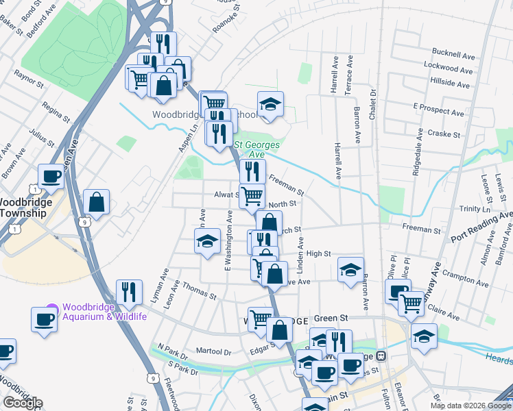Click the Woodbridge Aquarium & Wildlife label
pyautogui.click(x=104, y=312)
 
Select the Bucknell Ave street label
pyautogui.click(x=453, y=53)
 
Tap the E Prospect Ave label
pyautogui.click(x=439, y=110)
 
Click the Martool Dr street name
pyautogui.click(x=213, y=351)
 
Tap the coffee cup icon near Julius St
pyautogui.click(x=51, y=176)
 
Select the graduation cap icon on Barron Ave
pyautogui.click(x=350, y=269)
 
